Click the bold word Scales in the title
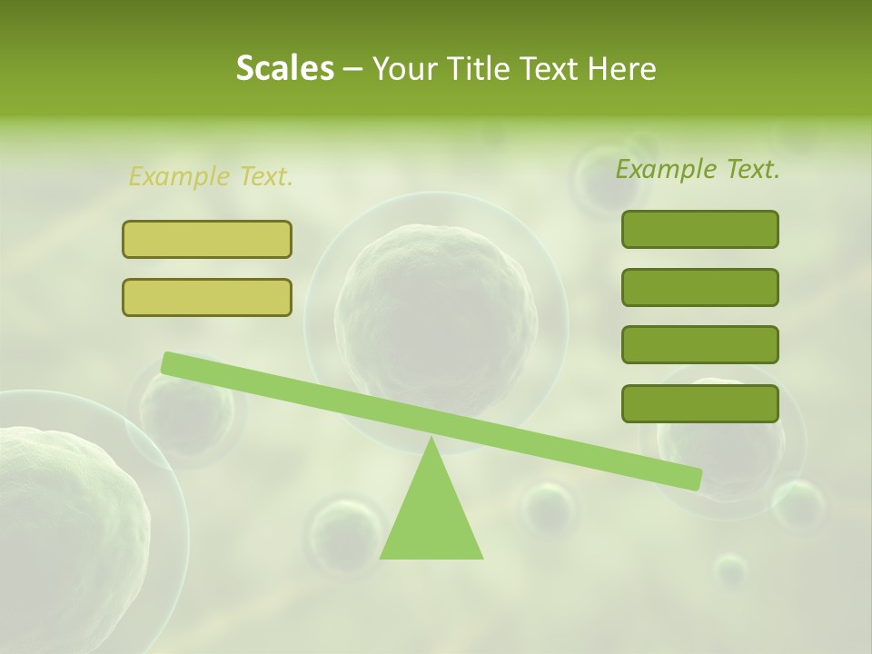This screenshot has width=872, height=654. tap(284, 68)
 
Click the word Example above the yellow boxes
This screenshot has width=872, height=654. tap(179, 176)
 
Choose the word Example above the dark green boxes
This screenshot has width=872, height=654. tap(666, 169)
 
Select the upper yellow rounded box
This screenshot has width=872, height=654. tap(207, 239)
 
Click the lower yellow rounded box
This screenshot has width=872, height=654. tap(207, 297)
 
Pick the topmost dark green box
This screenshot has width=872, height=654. tap(699, 229)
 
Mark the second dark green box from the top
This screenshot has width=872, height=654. tap(699, 287)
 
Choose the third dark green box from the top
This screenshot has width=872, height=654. tap(699, 345)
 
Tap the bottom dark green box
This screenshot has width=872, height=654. tap(699, 403)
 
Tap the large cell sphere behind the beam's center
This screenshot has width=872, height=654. tap(436, 300)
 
